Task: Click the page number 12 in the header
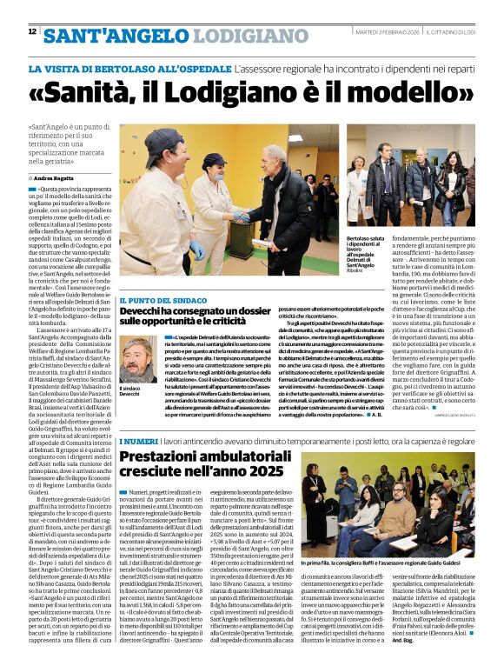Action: click(x=32, y=32)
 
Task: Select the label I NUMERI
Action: click(x=136, y=443)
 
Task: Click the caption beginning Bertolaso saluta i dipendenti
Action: click(x=370, y=250)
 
